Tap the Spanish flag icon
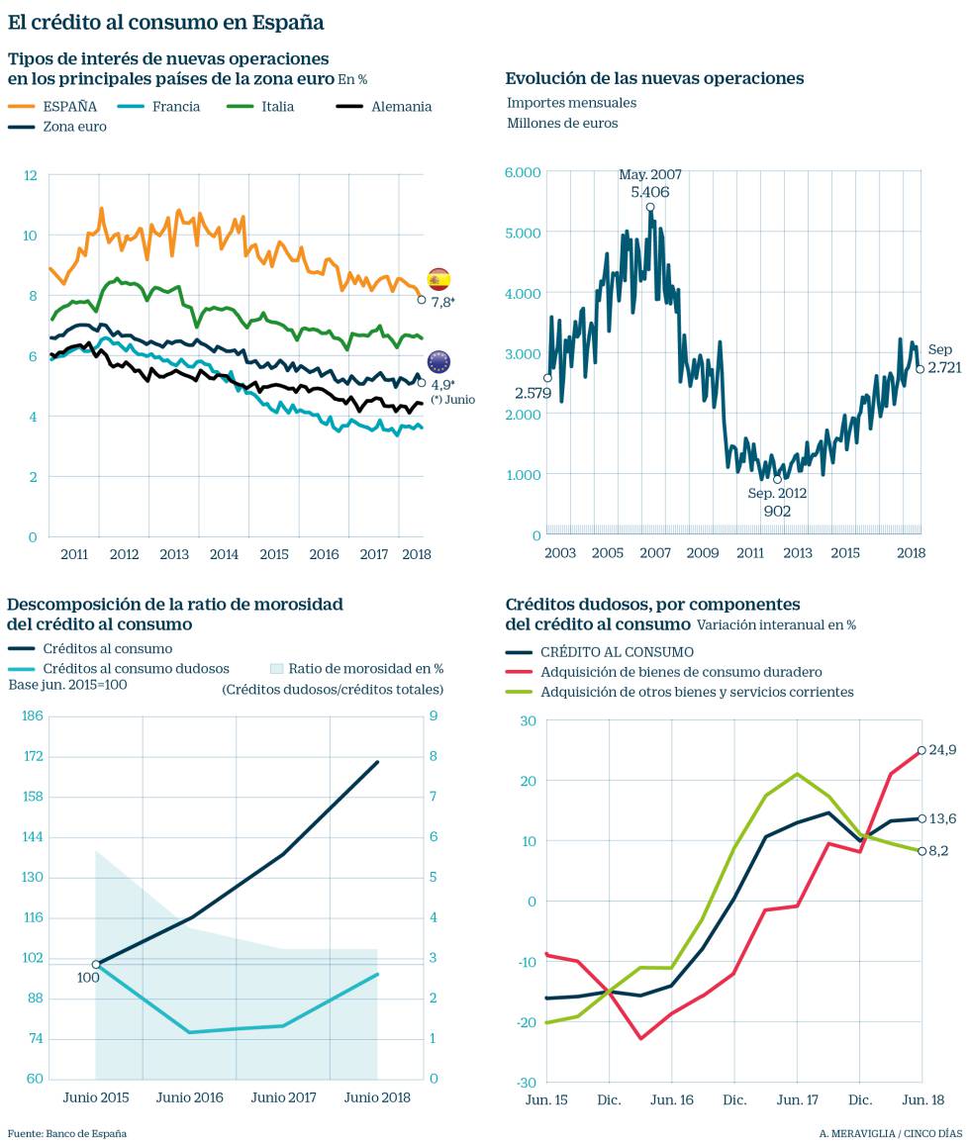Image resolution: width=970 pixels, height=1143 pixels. pos(438,279)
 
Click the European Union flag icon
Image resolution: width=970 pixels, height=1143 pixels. pos(438,361)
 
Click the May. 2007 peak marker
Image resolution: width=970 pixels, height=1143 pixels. pos(650,207)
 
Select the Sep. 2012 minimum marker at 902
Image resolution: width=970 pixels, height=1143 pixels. pos(777,480)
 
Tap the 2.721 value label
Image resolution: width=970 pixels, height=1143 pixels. pos(940,368)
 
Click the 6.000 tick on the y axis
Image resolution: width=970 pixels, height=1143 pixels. pos(523,172)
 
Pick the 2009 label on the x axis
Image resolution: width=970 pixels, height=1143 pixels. pos(703,552)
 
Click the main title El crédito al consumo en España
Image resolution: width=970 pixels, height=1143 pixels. pos(165,21)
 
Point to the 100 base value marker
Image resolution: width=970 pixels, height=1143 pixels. pos(96,964)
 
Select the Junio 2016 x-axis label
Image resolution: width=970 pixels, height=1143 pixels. pos(189,1097)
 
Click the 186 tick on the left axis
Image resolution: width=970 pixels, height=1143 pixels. pos(32,715)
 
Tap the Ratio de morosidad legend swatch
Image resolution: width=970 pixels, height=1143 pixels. pos(280,669)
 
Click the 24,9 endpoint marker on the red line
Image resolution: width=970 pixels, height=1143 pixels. pos(921,750)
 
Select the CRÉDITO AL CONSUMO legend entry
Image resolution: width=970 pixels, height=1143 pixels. pos(617,652)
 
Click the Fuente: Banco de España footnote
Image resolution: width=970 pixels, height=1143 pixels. pos(67,1133)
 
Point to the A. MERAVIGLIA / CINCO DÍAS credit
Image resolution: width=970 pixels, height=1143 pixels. pos(890,1133)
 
